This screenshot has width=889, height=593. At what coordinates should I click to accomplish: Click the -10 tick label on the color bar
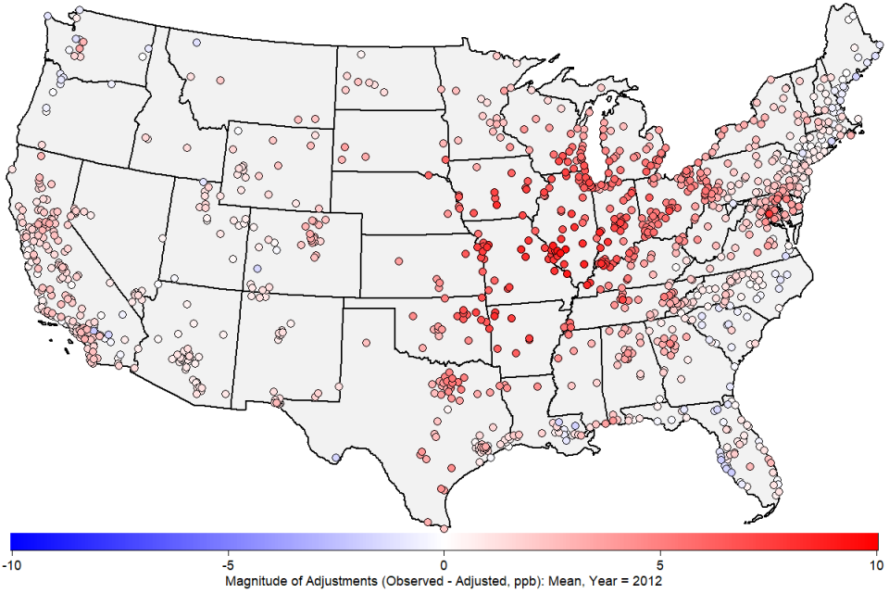pos(11,563)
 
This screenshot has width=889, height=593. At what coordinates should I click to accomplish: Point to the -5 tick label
pos(226,563)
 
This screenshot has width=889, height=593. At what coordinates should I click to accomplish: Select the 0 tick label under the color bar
pos(444,563)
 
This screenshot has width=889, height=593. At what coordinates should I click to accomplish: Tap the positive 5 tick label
pos(660,563)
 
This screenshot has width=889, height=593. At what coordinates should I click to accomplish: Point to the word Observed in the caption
pos(406,579)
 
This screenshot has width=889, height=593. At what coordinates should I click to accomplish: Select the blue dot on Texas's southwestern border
pos(335,457)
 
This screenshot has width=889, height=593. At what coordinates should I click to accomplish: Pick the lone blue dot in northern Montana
pos(196,43)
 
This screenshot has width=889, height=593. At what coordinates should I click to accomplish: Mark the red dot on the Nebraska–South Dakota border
pos(428,174)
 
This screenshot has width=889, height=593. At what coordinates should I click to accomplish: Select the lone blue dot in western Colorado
pos(257,268)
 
